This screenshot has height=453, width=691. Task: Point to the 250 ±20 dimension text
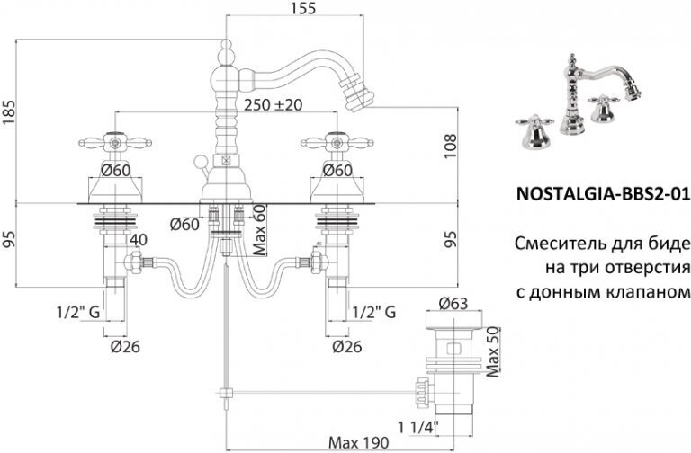coord(274,105)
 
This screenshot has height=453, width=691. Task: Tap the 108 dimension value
coord(453,143)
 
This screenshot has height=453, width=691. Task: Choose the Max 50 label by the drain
coord(493,340)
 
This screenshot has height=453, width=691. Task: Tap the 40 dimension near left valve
coord(138,241)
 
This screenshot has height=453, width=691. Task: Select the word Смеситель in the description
coord(551,244)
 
